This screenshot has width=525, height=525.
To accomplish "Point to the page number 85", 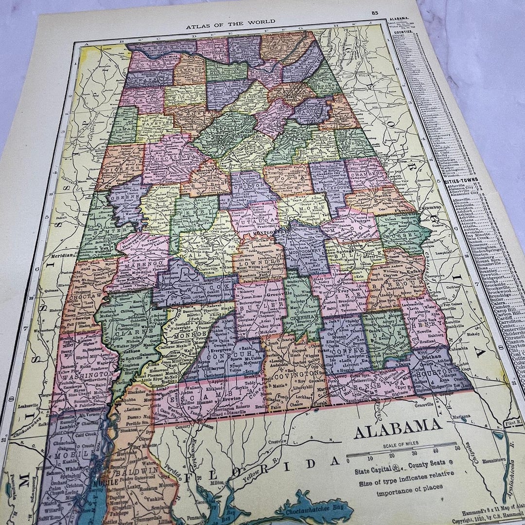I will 375,13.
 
